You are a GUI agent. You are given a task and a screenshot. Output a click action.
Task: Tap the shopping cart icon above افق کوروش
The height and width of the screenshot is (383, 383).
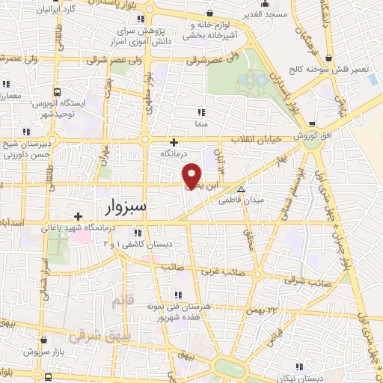311,123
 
